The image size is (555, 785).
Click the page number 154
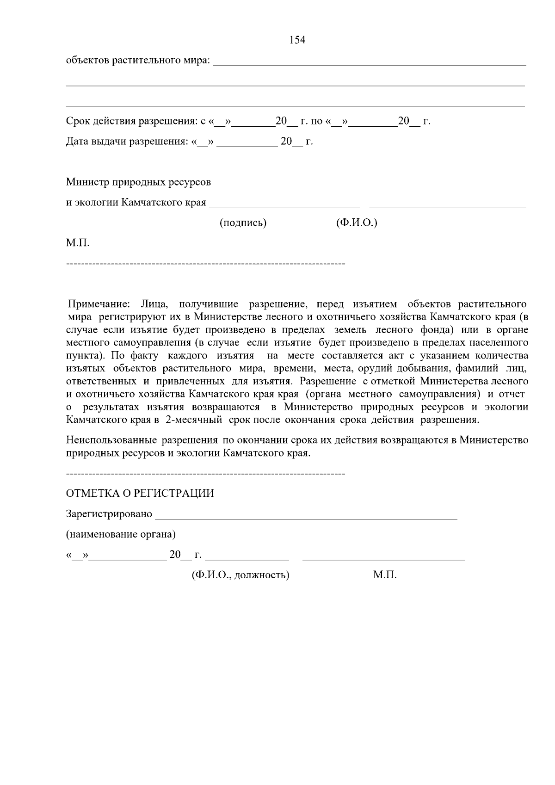point(297,40)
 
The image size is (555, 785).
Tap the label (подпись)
point(243,223)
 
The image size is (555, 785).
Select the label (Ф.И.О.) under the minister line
point(356,223)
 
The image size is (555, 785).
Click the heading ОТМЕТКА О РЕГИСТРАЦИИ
point(140,493)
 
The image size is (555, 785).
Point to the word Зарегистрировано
point(109,514)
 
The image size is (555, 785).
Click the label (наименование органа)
point(121,534)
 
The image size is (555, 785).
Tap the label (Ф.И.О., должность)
point(240,575)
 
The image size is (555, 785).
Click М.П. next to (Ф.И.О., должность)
point(385,575)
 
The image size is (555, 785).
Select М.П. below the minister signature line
point(78,243)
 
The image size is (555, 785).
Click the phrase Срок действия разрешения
point(132,122)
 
